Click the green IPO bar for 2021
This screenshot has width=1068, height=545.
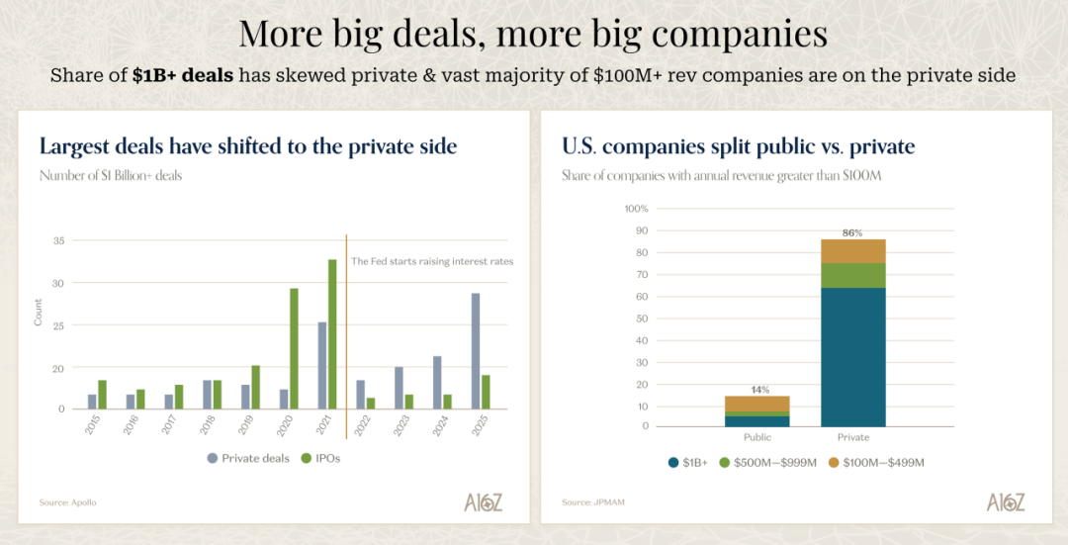(x=332, y=334)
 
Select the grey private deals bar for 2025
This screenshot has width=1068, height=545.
(x=476, y=351)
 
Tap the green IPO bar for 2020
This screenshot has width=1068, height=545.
(x=294, y=348)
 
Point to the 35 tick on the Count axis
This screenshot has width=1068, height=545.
(x=58, y=240)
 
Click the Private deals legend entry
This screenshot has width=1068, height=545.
(x=246, y=458)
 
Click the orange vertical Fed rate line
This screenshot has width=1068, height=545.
(x=346, y=336)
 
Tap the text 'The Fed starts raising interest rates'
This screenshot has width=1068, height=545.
(x=432, y=261)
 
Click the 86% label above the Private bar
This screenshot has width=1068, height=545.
(x=852, y=233)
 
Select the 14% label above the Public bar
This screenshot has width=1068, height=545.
(x=756, y=390)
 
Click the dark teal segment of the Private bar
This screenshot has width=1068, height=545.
(x=852, y=357)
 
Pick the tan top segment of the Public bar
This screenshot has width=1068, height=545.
(x=756, y=404)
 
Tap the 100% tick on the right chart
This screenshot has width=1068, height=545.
(x=636, y=209)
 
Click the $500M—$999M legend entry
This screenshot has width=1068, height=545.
(x=771, y=462)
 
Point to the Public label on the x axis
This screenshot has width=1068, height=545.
(x=756, y=437)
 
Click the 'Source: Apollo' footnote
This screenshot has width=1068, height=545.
(x=68, y=502)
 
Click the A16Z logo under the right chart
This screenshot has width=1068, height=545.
(x=1006, y=501)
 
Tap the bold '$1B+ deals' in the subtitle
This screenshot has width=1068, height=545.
(x=183, y=75)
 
